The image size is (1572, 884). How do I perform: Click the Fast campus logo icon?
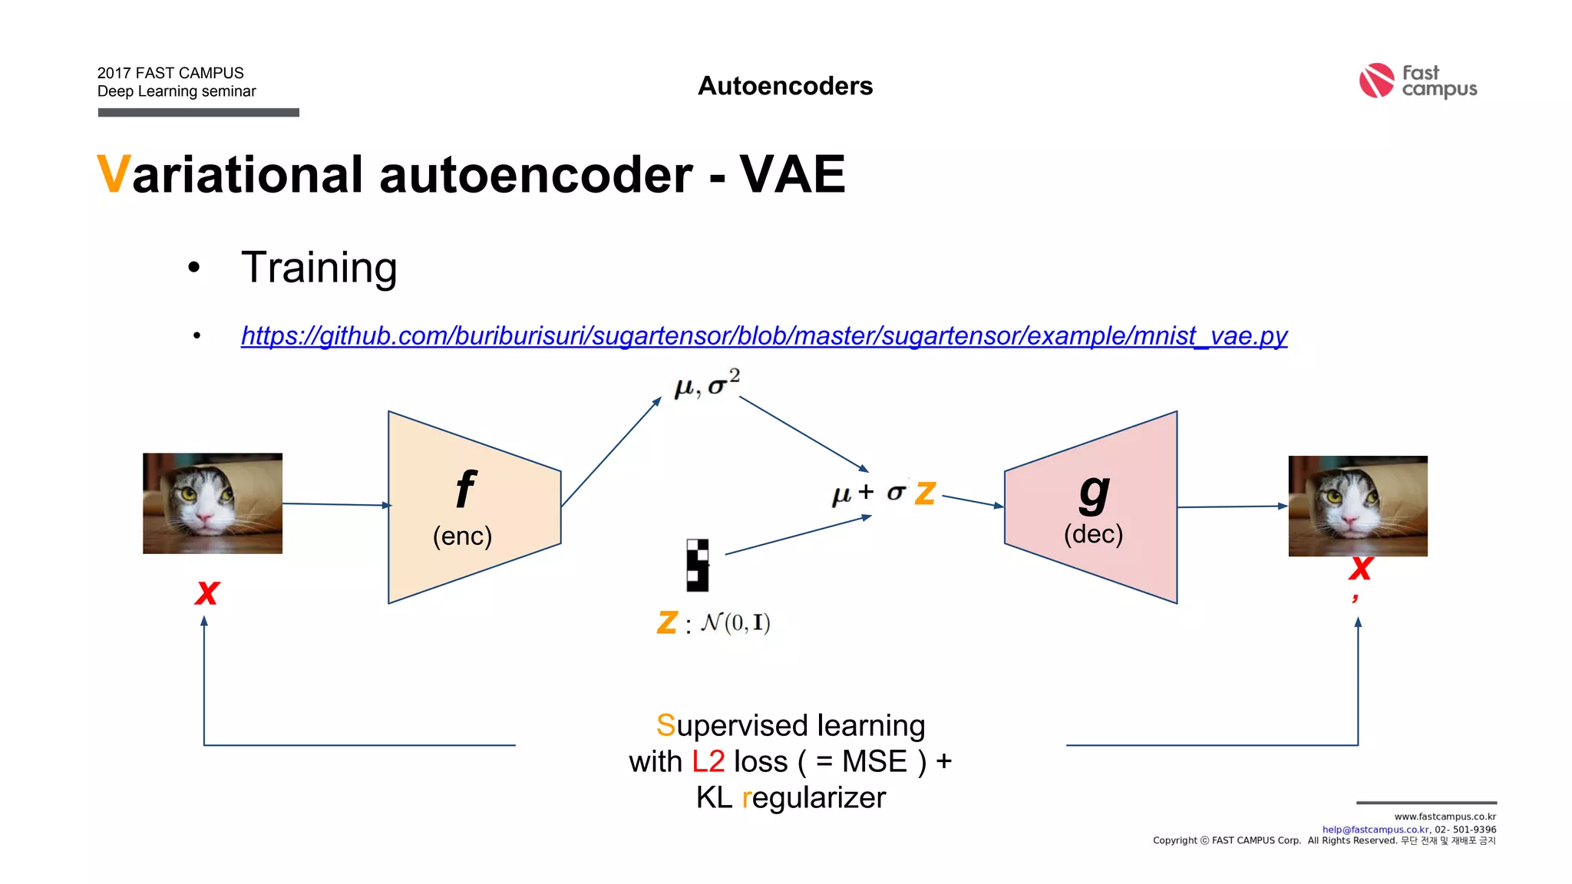1375,81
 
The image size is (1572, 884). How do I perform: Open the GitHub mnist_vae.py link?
764,336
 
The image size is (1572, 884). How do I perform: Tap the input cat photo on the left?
213,503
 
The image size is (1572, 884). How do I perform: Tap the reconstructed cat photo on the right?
1357,506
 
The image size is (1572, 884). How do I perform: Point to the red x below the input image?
207,592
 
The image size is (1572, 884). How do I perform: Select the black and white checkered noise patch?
698,566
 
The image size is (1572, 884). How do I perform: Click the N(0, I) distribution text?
735,622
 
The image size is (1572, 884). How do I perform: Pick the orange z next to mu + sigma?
926,493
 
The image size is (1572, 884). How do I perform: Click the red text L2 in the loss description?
708,761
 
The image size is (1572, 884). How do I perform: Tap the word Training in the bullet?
319,268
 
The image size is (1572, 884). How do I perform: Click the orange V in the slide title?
113,175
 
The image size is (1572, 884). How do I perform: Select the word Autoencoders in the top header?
785,86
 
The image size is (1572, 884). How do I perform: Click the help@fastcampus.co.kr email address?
1375,830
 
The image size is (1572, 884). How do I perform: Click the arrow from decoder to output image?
1232,506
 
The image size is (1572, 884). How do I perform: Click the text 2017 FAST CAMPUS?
170,73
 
